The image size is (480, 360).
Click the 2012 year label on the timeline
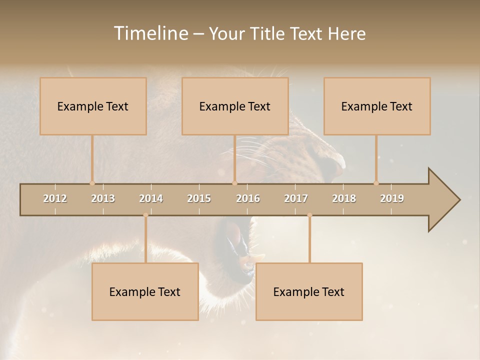click(x=55, y=198)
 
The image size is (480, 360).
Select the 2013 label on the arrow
click(x=103, y=198)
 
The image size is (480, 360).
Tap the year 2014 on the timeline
click(x=151, y=198)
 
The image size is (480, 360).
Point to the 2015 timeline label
click(x=199, y=198)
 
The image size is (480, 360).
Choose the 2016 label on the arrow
click(x=248, y=198)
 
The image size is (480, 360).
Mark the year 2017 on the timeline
click(x=296, y=198)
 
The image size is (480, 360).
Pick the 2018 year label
click(x=344, y=198)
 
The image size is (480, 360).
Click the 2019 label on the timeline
click(x=392, y=198)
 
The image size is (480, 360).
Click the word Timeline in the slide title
click(x=150, y=33)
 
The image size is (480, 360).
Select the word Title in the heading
click(x=268, y=33)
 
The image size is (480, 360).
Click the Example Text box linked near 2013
click(x=93, y=106)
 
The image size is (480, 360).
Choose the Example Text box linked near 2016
click(x=235, y=106)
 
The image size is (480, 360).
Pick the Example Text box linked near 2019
click(x=377, y=106)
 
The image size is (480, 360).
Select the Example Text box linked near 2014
click(x=145, y=291)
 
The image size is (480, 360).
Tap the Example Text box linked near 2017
click(x=309, y=291)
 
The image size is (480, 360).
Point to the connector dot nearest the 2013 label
click(x=92, y=183)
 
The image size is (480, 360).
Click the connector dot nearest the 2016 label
click(x=235, y=183)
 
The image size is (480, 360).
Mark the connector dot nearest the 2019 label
click(x=376, y=183)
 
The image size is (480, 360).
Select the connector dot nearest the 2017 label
click(x=309, y=215)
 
